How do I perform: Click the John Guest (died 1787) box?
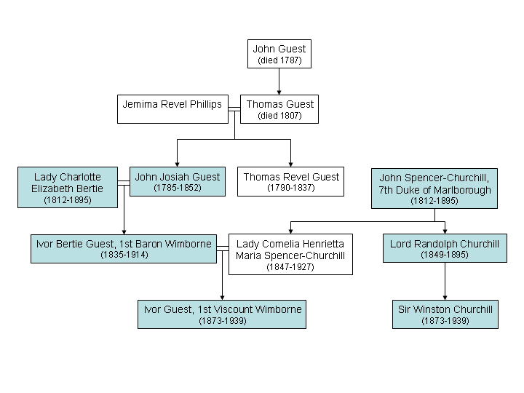279,54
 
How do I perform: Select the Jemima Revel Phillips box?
172,109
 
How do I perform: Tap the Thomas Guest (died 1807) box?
279,109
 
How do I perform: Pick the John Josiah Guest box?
178,181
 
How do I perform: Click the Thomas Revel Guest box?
290,181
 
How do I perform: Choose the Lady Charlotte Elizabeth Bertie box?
68,188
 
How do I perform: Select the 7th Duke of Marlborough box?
434,188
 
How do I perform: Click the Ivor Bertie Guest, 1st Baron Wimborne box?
124,249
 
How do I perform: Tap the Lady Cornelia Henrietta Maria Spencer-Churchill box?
290,254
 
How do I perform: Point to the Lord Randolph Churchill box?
445,248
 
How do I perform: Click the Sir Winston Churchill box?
445,314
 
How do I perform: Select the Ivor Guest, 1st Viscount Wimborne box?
222,314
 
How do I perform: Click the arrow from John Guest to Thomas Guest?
279,82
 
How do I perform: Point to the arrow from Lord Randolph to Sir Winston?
445,281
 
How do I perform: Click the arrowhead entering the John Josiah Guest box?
177,164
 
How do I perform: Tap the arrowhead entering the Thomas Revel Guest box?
290,164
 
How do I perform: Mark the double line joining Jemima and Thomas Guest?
234,109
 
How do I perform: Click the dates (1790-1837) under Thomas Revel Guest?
290,188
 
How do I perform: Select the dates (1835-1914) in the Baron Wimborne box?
124,255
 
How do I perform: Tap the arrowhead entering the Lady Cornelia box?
290,231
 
